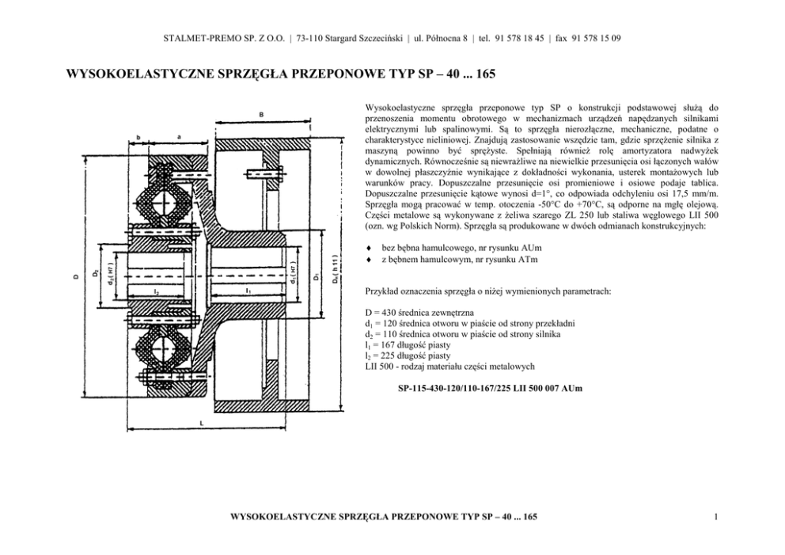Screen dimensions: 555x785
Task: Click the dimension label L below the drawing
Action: [201, 424]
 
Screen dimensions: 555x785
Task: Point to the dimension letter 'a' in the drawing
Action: [179, 136]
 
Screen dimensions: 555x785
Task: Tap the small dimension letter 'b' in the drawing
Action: [138, 136]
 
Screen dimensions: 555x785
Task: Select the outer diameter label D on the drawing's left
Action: [76, 276]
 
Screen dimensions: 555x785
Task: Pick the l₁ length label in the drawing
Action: [249, 291]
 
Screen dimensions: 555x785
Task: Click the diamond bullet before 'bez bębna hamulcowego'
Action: [368, 249]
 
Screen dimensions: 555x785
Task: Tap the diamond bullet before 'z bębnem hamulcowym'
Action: [368, 260]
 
